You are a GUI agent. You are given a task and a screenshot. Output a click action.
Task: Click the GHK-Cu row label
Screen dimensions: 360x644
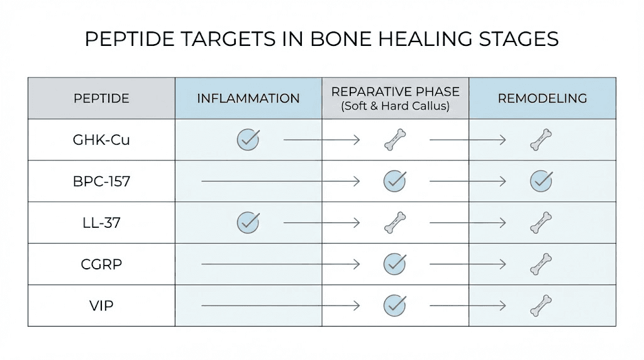[x=101, y=140]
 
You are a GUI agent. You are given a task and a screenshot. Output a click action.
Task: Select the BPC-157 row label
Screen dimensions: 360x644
[x=101, y=181]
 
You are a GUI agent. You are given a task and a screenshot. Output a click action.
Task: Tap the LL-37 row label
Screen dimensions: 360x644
[x=101, y=223]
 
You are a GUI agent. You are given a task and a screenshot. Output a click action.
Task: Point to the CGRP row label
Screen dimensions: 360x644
[x=101, y=264]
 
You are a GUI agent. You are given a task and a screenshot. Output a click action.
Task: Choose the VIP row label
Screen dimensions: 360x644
[x=101, y=306]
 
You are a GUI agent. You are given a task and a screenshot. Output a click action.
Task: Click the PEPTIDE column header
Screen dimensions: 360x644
[x=101, y=98]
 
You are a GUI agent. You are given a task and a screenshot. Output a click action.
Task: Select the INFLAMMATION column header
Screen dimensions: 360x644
[x=248, y=98]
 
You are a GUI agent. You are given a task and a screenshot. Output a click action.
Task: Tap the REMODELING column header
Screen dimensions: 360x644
[x=542, y=98]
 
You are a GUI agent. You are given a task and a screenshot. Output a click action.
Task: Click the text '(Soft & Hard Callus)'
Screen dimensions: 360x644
[x=395, y=106]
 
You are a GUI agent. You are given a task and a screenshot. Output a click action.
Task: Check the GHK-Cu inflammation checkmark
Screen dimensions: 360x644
[x=248, y=139]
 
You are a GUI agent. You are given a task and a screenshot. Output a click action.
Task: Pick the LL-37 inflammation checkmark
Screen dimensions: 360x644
[x=248, y=222]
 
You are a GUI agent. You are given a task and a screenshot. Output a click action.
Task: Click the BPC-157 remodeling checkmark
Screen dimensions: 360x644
[x=541, y=181]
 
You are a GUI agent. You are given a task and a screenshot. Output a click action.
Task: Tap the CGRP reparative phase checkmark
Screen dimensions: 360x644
[x=394, y=264]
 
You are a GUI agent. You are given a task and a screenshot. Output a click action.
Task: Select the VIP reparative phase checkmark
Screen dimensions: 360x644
[x=394, y=305]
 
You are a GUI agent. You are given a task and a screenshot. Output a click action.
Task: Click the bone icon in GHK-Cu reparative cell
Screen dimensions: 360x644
[x=395, y=140]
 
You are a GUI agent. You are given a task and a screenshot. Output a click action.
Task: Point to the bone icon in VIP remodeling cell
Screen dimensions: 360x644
[x=541, y=305]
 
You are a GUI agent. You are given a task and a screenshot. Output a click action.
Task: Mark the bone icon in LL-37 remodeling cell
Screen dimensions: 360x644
[x=541, y=222]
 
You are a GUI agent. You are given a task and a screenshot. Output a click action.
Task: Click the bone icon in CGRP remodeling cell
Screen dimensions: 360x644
[x=541, y=264]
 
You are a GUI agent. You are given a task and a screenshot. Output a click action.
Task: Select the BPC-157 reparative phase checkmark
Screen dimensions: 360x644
[x=394, y=181]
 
